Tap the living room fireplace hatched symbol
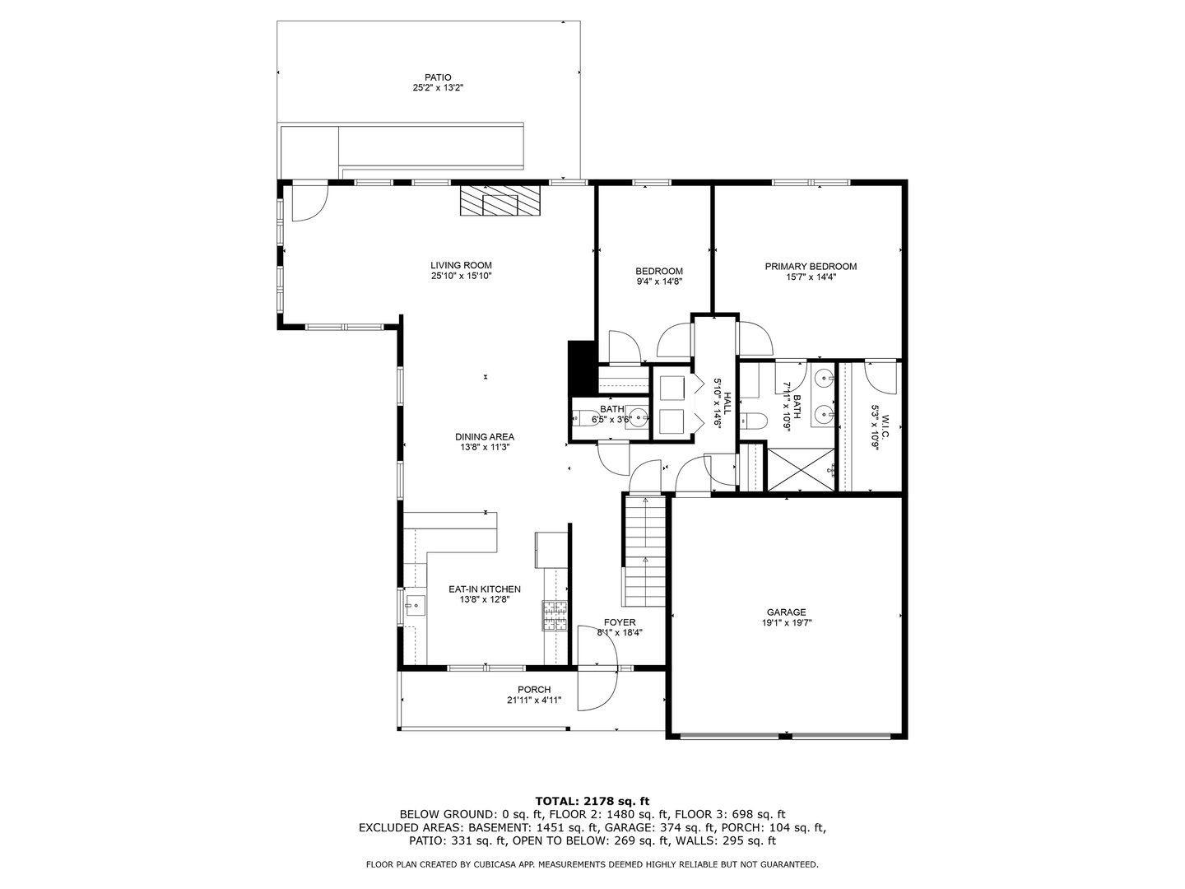pos(500,201)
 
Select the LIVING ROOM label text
pos(461,265)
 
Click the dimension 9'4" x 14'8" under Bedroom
pos(659,282)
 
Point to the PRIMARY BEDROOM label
pos(811,266)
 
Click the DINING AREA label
pos(485,437)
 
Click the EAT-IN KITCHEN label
pos(484,589)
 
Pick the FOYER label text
pos(619,622)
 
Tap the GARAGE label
pos(786,612)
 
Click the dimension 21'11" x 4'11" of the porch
pos(534,701)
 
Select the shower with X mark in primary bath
pos(801,469)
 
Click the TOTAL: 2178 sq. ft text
pos(592,800)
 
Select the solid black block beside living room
pos(581,368)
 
